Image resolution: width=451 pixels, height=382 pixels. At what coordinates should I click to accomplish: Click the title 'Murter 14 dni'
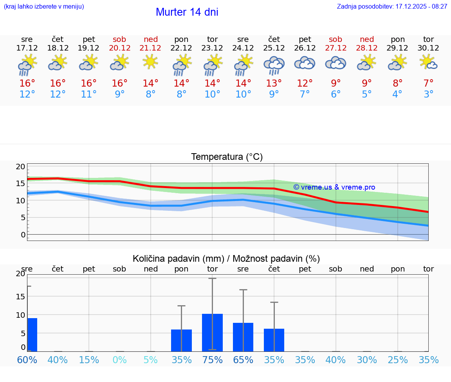click(187, 12)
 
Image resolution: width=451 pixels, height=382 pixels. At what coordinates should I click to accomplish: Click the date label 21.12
click(150, 48)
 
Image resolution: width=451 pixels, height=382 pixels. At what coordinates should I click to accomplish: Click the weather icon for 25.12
click(274, 65)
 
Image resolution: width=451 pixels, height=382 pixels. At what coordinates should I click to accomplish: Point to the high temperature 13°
click(274, 83)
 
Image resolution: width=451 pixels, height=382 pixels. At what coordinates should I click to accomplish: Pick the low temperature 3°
click(428, 94)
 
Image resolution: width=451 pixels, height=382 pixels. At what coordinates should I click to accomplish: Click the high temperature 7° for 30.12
click(428, 83)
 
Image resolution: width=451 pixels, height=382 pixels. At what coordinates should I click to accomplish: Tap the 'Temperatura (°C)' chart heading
click(227, 157)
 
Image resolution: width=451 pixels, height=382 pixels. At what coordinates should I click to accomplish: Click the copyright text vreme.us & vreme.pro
click(334, 187)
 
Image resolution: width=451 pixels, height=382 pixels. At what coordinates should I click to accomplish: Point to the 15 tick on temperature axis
click(20, 183)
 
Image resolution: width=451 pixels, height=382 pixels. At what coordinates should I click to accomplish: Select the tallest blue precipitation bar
click(212, 332)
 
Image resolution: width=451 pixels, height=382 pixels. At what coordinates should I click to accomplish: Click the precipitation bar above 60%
click(32, 335)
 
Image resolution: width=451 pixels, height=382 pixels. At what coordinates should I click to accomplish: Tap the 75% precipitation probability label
click(212, 360)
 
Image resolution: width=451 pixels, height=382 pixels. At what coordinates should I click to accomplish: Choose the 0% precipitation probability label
click(119, 360)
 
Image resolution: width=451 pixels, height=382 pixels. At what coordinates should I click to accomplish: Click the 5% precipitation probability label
click(150, 360)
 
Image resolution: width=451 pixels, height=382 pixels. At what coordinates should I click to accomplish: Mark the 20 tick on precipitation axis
click(20, 274)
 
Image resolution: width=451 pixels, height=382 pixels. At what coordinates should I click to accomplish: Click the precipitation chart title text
click(226, 259)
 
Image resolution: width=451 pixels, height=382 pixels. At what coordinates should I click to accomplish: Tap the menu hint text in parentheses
click(43, 7)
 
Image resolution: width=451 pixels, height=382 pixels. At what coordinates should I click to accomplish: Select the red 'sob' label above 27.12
click(336, 39)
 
